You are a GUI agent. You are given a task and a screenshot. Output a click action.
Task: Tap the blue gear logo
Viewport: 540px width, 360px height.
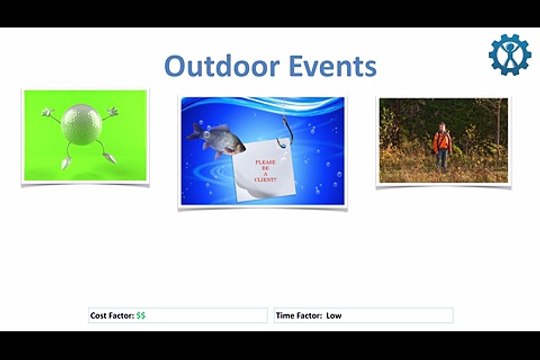510,54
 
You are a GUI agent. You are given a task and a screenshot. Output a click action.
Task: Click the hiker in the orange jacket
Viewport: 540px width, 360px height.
441,141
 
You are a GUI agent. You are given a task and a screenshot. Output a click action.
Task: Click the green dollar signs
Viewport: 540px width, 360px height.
141,316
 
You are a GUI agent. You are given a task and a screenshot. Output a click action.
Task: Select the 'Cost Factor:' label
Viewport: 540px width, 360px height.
112,316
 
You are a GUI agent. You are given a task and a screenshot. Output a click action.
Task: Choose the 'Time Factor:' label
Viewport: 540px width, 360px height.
299,316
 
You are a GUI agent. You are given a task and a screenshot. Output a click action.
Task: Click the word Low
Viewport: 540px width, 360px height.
334,316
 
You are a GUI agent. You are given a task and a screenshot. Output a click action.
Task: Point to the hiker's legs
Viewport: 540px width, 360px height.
441,159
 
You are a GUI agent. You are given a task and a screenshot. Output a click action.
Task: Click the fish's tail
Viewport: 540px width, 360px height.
190,130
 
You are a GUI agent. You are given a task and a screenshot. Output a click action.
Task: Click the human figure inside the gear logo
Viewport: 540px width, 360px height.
510,56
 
